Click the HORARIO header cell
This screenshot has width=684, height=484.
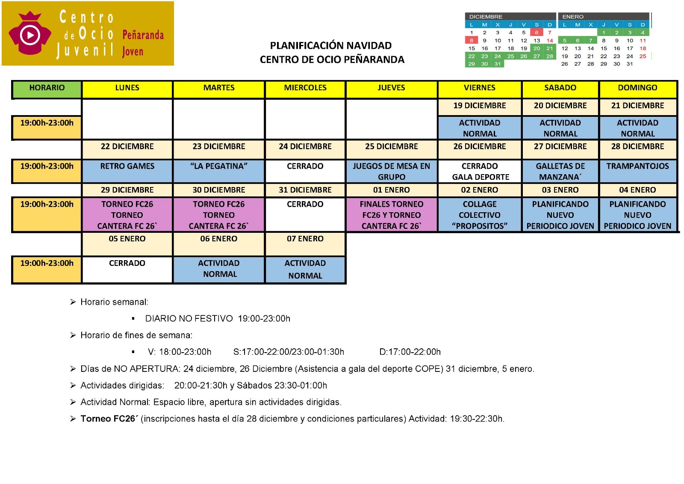point(47,88)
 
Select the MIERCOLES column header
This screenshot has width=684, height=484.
point(305,88)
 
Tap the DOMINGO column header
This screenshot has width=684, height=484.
point(637,88)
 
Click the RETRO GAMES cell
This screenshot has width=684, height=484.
point(127,166)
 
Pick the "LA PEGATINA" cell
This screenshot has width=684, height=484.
point(218,166)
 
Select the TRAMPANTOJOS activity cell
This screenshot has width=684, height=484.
point(637,166)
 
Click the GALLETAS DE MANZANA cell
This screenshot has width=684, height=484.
point(560,171)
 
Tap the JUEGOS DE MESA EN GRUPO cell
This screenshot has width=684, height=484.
point(391,171)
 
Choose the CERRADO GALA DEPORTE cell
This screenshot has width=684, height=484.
point(480,171)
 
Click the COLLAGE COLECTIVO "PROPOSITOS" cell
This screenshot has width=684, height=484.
point(480,215)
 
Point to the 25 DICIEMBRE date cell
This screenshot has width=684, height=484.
point(391,147)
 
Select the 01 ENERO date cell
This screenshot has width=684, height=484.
point(391,190)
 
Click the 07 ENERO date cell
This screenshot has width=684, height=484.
point(305,239)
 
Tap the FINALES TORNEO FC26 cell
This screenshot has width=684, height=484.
point(391,215)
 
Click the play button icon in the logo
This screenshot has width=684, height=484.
point(30,35)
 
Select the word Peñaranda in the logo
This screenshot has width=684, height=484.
point(143,35)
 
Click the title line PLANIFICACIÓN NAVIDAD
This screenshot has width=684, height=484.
point(330,46)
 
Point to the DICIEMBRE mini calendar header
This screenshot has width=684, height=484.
point(486,17)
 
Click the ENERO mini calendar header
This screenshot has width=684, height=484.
point(573,17)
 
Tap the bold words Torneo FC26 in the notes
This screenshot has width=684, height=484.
point(109,419)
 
